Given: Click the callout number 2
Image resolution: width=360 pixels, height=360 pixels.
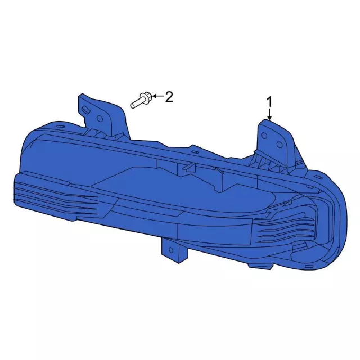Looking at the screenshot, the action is click(169, 97).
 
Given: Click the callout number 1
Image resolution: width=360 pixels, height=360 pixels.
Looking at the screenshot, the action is click(269, 102).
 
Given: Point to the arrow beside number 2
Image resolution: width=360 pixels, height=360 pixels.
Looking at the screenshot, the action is click(159, 96).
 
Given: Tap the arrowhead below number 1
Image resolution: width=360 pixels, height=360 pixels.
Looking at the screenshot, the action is click(269, 118).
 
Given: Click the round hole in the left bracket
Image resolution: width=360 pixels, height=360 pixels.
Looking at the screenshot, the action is click(100, 118).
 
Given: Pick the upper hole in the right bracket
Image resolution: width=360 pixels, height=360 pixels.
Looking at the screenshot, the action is click(264, 136).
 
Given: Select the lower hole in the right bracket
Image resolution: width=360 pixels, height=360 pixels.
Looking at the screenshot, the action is click(279, 145).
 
